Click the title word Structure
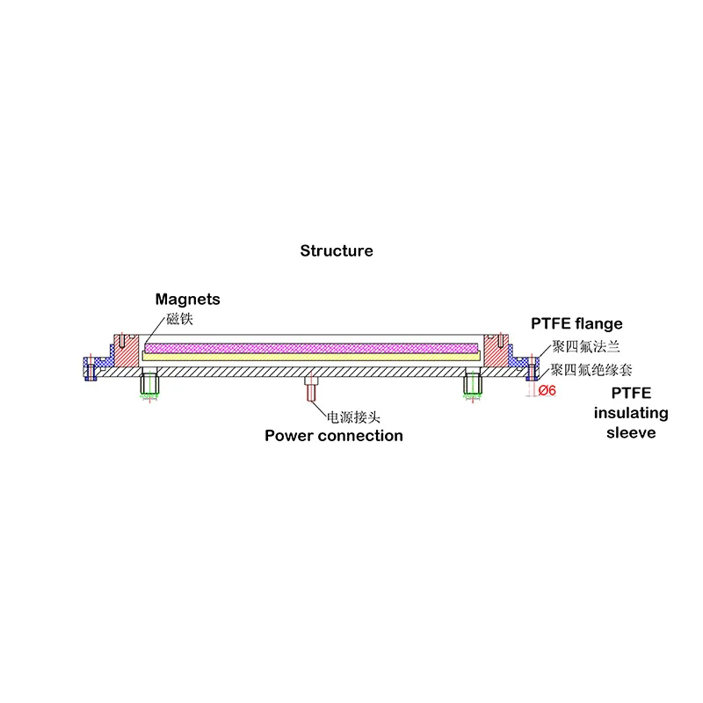pyautogui.click(x=337, y=251)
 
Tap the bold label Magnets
pyautogui.click(x=187, y=300)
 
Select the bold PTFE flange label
pyautogui.click(x=576, y=324)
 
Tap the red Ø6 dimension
pyautogui.click(x=546, y=390)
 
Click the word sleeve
pyautogui.click(x=631, y=432)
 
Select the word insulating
pyautogui.click(x=631, y=413)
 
